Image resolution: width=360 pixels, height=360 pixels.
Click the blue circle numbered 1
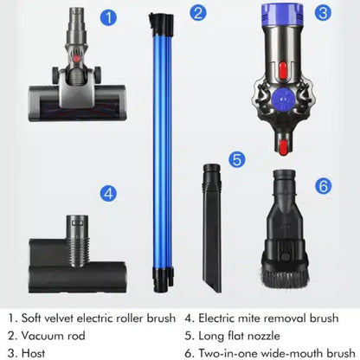[108, 16]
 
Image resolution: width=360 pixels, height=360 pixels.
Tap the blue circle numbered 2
[199, 13]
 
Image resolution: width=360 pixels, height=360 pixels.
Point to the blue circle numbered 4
[109, 194]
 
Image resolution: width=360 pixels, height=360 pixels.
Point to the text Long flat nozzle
[243, 334]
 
